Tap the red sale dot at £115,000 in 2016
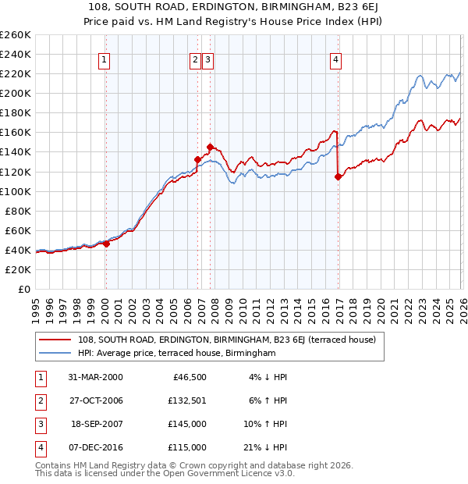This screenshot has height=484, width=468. (338, 176)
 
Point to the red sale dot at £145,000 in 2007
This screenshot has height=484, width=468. (210, 147)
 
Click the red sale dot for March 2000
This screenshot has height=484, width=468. (107, 244)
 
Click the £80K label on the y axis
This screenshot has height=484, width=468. (18, 211)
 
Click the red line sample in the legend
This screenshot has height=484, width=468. (55, 340)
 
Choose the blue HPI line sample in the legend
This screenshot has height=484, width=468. (55, 353)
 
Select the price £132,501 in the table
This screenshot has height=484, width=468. (186, 400)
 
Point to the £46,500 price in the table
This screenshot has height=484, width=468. (189, 377)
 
